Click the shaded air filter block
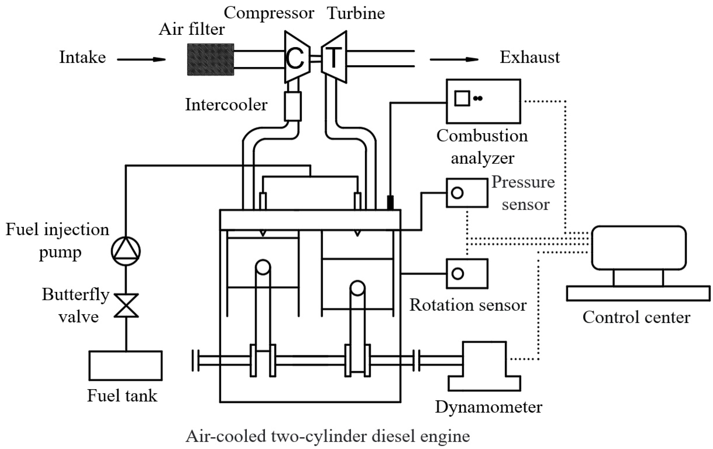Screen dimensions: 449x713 coord(211,60)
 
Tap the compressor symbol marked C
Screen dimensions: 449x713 coord(297,57)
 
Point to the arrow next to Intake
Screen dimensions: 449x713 coord(141,60)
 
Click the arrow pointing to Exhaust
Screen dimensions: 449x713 coord(454,60)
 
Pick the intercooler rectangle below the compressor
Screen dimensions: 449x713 coord(293,106)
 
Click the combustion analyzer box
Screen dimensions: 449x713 coord(483,101)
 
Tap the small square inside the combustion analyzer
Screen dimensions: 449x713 coord(462,98)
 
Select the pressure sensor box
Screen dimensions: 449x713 coord(467,193)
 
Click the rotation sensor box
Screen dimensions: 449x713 coord(467,274)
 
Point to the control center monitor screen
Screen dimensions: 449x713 coord(639,248)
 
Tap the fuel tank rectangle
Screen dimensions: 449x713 coord(126,366)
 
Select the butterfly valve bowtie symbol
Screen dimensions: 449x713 coord(126,305)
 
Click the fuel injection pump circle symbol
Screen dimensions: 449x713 coord(126,251)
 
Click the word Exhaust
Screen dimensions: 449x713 coord(529,57)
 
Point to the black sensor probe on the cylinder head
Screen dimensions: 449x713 coord(390,203)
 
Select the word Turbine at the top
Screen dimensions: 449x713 coord(355,13)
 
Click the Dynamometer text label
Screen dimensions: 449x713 coord(488,407)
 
